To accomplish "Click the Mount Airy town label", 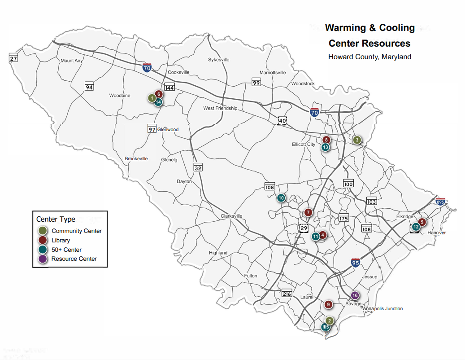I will click(72, 61).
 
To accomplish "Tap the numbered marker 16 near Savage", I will click(355, 295).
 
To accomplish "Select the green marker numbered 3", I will click(357, 140).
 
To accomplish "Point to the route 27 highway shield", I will click(13, 58).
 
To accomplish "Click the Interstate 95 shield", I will click(356, 263).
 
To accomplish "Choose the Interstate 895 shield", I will click(441, 202).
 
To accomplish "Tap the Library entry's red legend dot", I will click(43, 240).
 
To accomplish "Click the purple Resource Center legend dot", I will click(43, 259).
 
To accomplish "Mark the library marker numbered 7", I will click(308, 212).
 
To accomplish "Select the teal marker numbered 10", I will click(281, 198).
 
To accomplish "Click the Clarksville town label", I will click(231, 216).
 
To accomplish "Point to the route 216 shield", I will click(287, 294).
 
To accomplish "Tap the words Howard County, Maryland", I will click(369, 57).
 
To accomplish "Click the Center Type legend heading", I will click(56, 220).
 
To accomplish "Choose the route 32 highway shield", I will click(198, 167).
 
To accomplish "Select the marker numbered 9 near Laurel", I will click(329, 305).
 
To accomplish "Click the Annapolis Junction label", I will click(383, 308).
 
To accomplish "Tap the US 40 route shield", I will click(282, 121).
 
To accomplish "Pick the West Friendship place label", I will click(220, 108).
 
